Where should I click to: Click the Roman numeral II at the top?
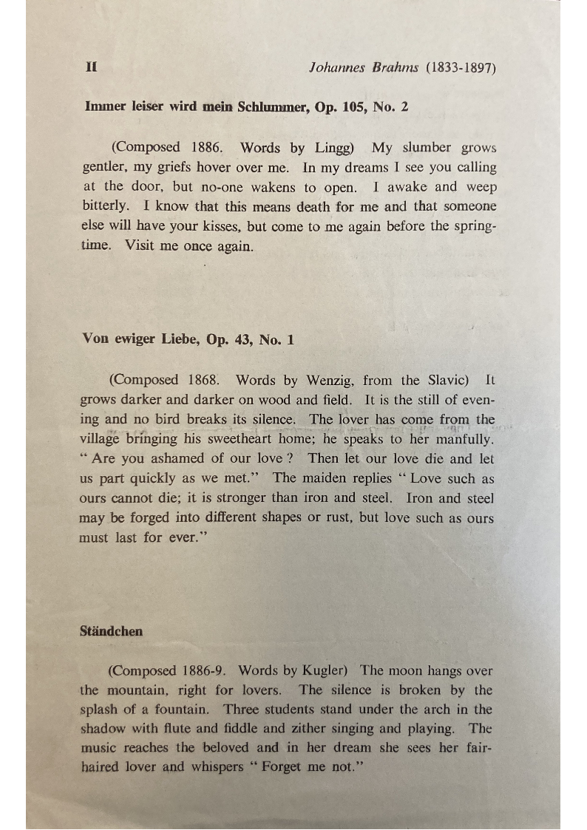[x=92, y=67]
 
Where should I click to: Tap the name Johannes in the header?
[x=336, y=67]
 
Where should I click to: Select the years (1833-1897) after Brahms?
[x=460, y=67]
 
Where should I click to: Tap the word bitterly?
[x=104, y=206]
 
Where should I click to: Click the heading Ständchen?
[x=112, y=631]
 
